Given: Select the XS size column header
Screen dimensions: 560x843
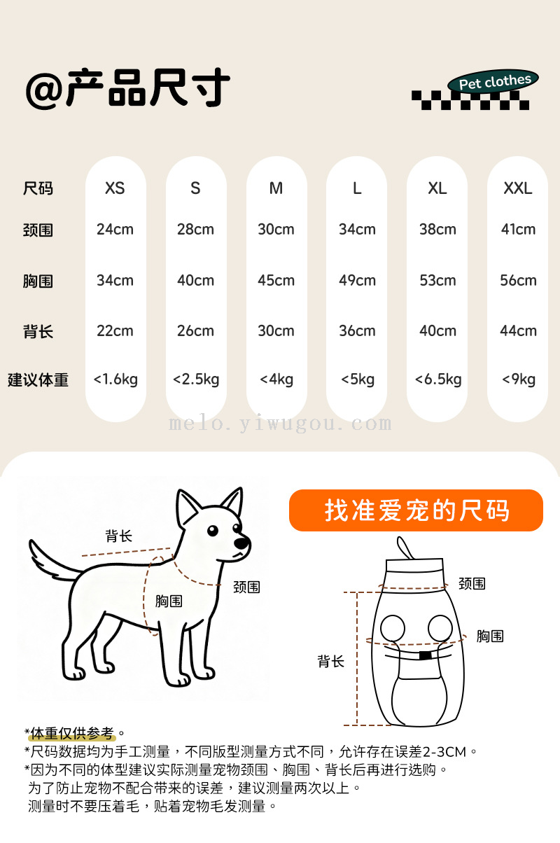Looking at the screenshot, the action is click(115, 188).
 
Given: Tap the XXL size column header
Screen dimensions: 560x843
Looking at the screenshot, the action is click(518, 188).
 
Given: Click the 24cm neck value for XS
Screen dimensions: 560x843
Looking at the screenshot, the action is click(115, 229).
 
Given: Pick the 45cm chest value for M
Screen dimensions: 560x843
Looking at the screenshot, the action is click(276, 280).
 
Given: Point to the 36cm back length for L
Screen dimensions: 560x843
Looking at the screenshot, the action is click(357, 330).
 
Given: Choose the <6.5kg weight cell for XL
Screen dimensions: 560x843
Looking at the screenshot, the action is click(438, 379).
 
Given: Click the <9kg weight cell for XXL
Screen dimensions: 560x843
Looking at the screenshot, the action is click(519, 379).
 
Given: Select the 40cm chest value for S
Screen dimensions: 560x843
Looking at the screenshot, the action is click(196, 280).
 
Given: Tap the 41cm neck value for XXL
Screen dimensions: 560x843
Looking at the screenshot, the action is click(518, 229).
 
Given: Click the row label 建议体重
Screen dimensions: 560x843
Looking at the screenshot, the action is click(38, 380).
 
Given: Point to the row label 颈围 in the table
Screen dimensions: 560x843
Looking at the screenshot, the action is click(38, 230).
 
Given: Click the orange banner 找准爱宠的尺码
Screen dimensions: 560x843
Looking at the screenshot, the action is click(416, 510).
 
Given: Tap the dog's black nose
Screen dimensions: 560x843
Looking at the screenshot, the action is click(241, 543).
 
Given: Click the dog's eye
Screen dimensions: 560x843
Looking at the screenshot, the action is click(213, 531).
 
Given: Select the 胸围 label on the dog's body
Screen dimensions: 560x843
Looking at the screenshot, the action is click(169, 601).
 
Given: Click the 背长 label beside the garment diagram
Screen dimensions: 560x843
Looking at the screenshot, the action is click(331, 661).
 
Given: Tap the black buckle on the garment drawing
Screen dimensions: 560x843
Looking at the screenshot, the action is click(426, 655).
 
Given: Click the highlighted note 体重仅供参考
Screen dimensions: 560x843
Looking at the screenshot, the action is click(71, 733).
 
